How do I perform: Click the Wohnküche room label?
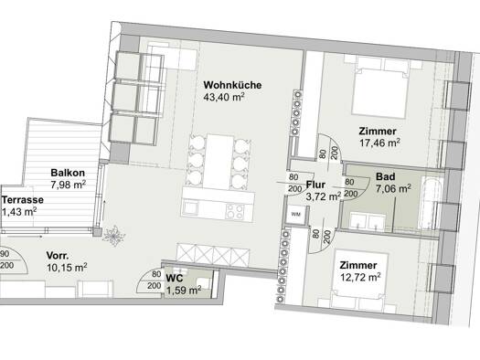tap(232, 85)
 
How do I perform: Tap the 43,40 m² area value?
tap(224, 97)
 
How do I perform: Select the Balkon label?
tap(68, 173)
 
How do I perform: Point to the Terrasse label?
tap(23, 200)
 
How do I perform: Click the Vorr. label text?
tap(58, 256)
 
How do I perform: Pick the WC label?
tap(175, 279)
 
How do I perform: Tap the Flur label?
tap(315, 185)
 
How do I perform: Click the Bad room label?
tap(386, 176)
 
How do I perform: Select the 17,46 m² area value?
tap(379, 143)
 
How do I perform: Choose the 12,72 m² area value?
tap(360, 278)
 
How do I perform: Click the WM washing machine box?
tap(295, 215)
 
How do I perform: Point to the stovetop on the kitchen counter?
tap(235, 211)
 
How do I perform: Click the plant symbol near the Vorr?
tap(114, 236)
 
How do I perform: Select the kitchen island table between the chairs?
tap(219, 161)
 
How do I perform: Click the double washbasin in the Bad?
tap(368, 221)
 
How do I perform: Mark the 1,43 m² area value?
tap(19, 212)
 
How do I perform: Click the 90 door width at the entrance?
tap(5, 254)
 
